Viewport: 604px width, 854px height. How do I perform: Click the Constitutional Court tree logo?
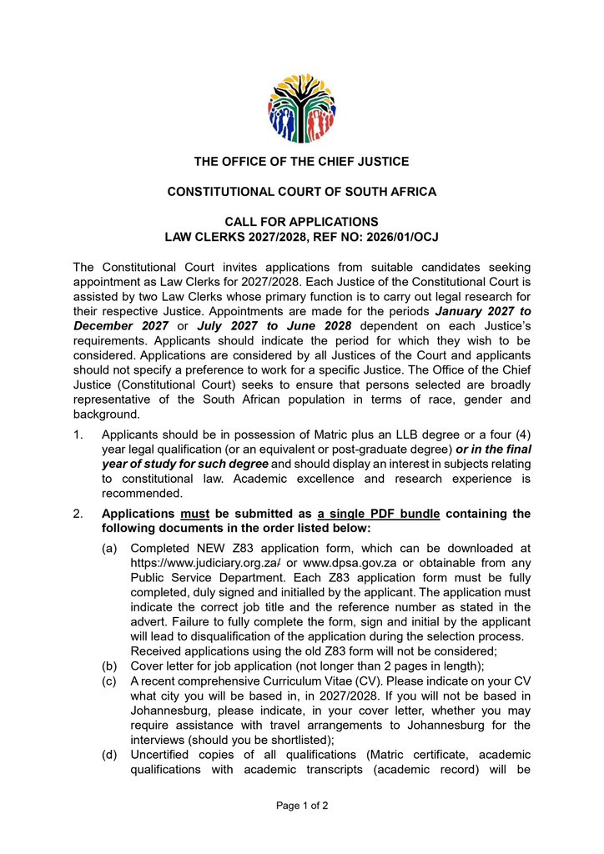pos(301,108)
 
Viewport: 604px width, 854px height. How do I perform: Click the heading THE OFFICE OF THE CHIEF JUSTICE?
pos(301,161)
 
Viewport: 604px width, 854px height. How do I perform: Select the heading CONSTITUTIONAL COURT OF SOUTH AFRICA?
pos(301,192)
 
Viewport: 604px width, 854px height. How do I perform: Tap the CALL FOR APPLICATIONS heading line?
pos(301,222)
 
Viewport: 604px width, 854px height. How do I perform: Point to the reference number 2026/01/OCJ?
pos(398,237)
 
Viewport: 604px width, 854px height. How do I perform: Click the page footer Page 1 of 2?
pos(301,806)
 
